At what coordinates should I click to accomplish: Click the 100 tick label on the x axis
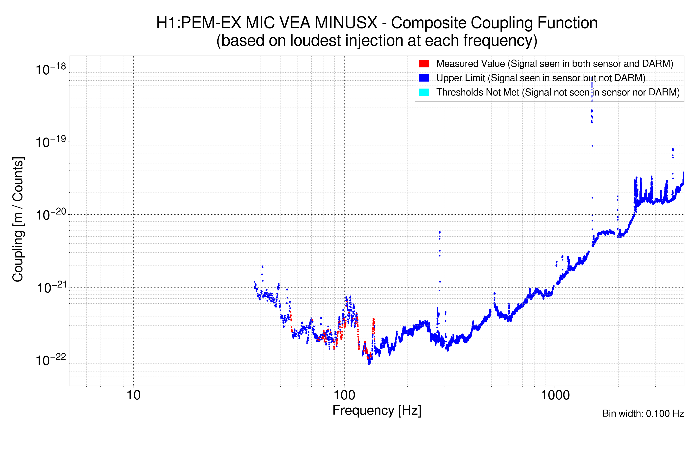[x=344, y=395]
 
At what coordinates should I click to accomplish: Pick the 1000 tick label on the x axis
[x=555, y=395]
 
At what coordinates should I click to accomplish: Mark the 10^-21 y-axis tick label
[x=51, y=287]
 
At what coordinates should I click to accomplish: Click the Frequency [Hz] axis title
[x=377, y=410]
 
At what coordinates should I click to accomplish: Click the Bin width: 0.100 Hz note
[x=643, y=413]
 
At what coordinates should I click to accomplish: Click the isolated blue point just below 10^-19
[x=592, y=146]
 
